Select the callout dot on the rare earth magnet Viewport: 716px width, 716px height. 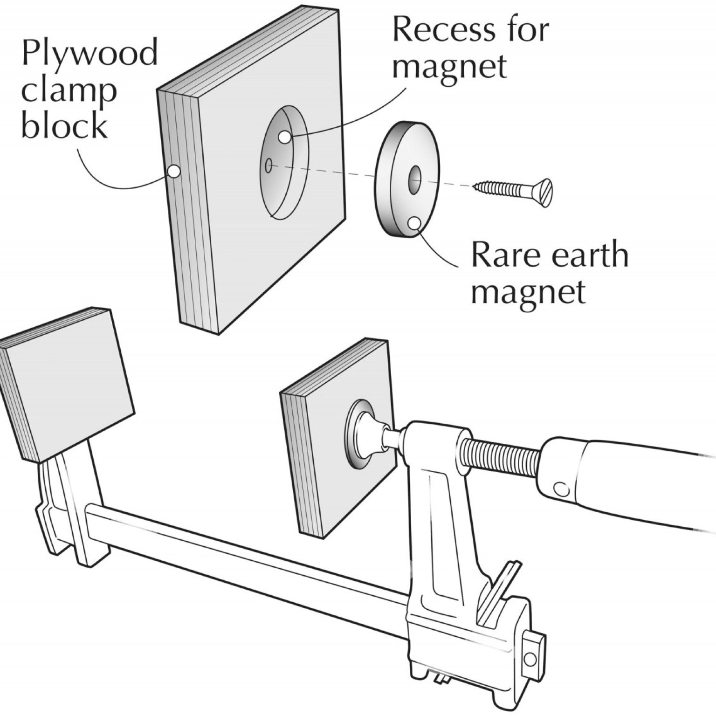413,222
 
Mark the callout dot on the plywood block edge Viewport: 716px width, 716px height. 173,171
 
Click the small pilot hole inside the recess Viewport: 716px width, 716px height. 268,165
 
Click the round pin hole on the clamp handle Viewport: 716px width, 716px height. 561,489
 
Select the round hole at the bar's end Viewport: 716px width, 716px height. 530,659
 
